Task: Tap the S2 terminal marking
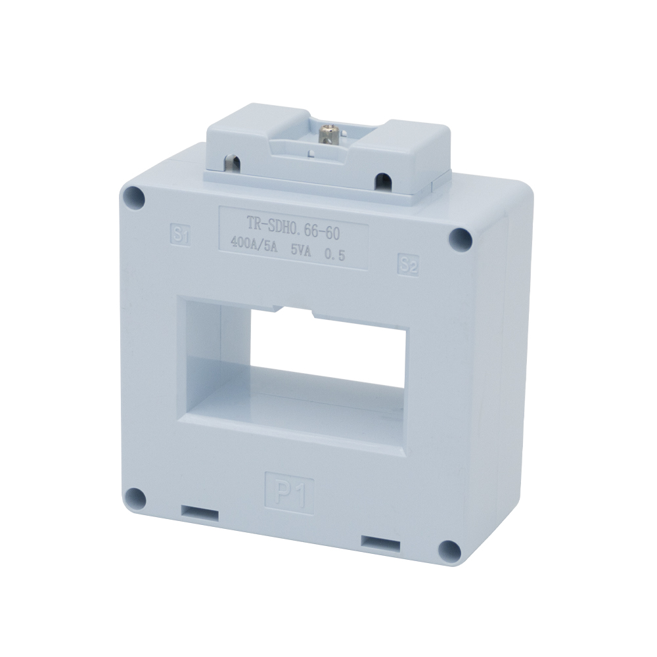pyautogui.click(x=408, y=265)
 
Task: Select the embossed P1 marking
pyautogui.click(x=290, y=491)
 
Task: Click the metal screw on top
pyautogui.click(x=326, y=134)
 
